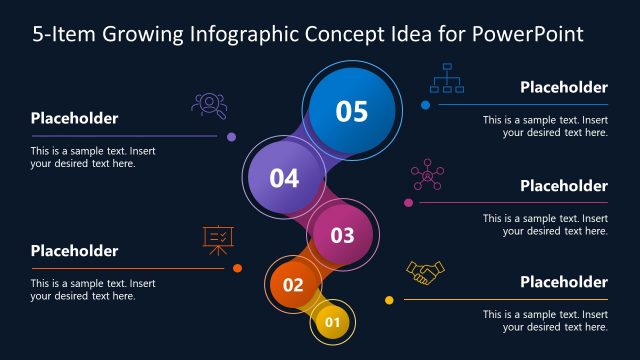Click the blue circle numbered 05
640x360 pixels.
click(x=351, y=110)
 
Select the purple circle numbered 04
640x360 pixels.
click(x=283, y=179)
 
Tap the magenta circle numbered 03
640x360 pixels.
click(x=342, y=235)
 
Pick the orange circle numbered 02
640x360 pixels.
click(x=292, y=285)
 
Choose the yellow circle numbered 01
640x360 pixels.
click(x=333, y=322)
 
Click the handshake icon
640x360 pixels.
click(x=425, y=273)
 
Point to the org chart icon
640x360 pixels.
click(x=446, y=78)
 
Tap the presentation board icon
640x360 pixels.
click(x=218, y=240)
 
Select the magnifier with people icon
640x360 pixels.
click(x=208, y=105)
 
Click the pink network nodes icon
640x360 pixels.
click(x=428, y=175)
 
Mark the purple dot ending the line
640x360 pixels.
click(x=232, y=137)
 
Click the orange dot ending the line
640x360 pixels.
click(x=237, y=268)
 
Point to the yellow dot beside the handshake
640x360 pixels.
click(x=389, y=300)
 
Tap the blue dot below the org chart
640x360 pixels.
click(x=425, y=104)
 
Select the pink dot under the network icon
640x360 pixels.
click(x=408, y=203)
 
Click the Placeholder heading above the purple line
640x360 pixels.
click(x=74, y=118)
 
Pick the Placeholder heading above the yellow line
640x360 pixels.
click(x=564, y=282)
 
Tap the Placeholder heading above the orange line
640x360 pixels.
click(x=74, y=250)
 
